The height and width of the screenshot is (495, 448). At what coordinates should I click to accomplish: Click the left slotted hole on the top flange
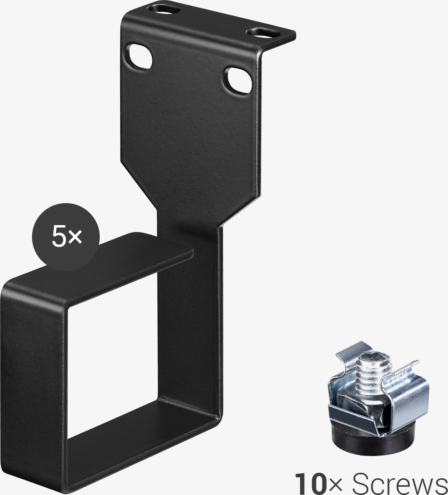coord(164,10)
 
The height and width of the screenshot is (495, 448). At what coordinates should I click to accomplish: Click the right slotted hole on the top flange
coord(264,33)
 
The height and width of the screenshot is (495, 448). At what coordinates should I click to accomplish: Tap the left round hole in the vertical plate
coord(139,57)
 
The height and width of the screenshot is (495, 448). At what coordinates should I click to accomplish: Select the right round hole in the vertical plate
coord(238,81)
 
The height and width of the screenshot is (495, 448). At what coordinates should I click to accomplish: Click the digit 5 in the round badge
coord(58,237)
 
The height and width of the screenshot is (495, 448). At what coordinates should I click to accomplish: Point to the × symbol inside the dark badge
coord(75,238)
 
